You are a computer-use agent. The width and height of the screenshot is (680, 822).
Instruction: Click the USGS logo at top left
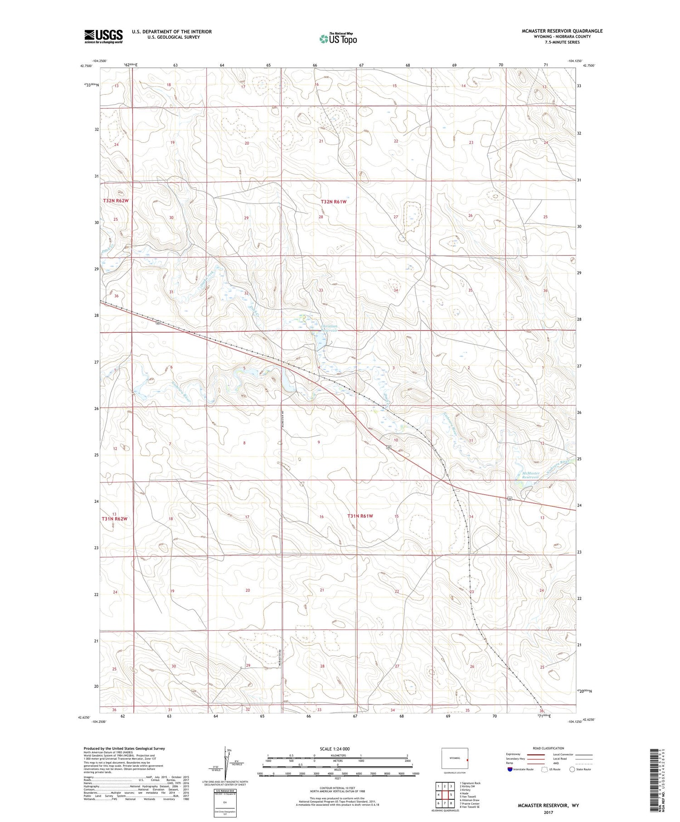click(x=103, y=36)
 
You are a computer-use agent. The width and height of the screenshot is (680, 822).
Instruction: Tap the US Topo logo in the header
click(x=338, y=39)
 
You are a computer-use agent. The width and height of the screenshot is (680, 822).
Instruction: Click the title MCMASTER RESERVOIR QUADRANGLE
click(x=562, y=31)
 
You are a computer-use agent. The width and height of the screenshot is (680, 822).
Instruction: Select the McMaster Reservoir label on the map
click(x=530, y=475)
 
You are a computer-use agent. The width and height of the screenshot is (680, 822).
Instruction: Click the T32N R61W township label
click(x=334, y=201)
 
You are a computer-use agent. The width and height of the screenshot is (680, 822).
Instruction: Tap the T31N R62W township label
click(x=116, y=518)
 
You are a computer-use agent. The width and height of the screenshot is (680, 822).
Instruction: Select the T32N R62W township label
click(x=116, y=200)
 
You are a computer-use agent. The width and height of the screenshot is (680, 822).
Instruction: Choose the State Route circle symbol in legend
click(x=572, y=769)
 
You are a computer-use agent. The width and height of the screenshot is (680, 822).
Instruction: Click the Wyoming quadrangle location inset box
click(x=455, y=758)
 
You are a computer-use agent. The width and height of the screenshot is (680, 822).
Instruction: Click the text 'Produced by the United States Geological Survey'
click(x=124, y=749)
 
